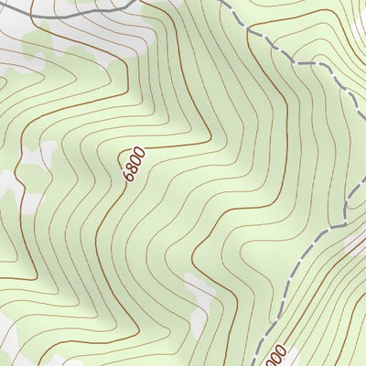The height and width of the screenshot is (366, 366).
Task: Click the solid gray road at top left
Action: pos(82,11)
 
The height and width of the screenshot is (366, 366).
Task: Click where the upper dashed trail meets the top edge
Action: pos(223,1)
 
